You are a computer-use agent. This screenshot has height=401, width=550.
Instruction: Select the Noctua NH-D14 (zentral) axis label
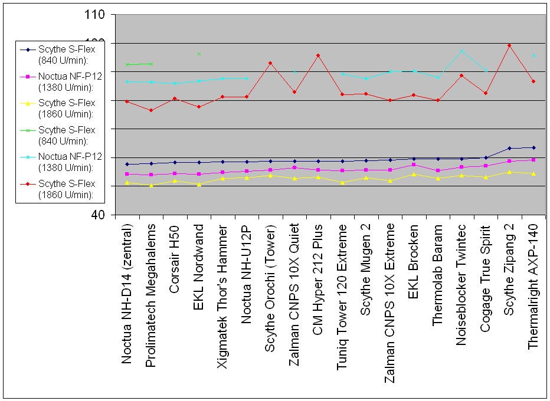[x=127, y=294]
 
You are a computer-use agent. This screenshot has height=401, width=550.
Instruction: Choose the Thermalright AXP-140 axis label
[x=532, y=287]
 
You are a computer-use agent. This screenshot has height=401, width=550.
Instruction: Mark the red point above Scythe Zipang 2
[x=509, y=45]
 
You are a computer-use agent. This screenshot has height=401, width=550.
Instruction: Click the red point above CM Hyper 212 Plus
[x=318, y=55]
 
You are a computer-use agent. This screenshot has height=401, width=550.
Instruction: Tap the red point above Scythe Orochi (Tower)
[x=270, y=63]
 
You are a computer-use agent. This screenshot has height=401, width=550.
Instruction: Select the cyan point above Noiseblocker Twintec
[x=461, y=51]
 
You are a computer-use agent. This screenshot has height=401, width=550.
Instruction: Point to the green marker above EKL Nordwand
[x=199, y=54]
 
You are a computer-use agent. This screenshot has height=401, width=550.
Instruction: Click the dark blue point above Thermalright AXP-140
[x=533, y=147]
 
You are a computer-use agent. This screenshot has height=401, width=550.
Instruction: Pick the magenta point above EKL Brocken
[x=414, y=165]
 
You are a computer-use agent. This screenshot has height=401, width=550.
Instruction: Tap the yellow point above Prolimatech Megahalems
[x=152, y=186]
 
